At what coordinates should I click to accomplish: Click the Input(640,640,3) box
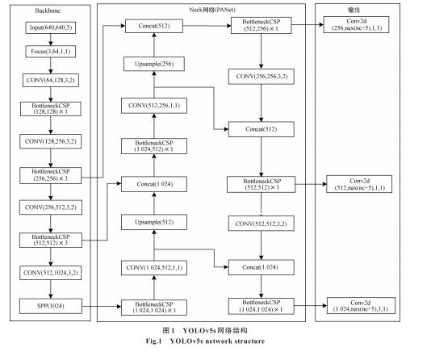tap(51, 27)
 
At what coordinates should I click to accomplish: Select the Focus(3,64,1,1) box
tap(51, 52)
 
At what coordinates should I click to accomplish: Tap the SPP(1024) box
tap(51, 306)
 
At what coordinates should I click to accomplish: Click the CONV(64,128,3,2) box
tap(51, 80)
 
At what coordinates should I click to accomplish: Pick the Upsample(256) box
tap(154, 64)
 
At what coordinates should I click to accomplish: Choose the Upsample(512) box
tap(154, 222)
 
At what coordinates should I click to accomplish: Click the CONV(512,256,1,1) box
tap(154, 106)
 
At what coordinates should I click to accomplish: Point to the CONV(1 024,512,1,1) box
tap(154, 268)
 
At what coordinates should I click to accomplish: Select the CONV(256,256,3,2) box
tap(262, 77)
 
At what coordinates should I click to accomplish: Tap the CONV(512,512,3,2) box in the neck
tap(262, 224)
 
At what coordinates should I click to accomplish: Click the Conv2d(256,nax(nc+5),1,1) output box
tap(356, 25)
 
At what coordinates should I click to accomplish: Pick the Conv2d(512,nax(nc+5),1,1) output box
tap(359, 184)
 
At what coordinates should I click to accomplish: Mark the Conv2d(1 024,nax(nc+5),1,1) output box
tap(361, 306)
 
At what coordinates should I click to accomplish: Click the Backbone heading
tap(48, 10)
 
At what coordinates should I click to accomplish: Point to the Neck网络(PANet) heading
tap(212, 10)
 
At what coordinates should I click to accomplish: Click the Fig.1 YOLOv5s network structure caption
tap(205, 341)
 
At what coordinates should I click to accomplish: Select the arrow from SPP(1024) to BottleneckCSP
tap(102, 306)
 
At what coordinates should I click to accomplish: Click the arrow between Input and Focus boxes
tap(51, 40)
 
